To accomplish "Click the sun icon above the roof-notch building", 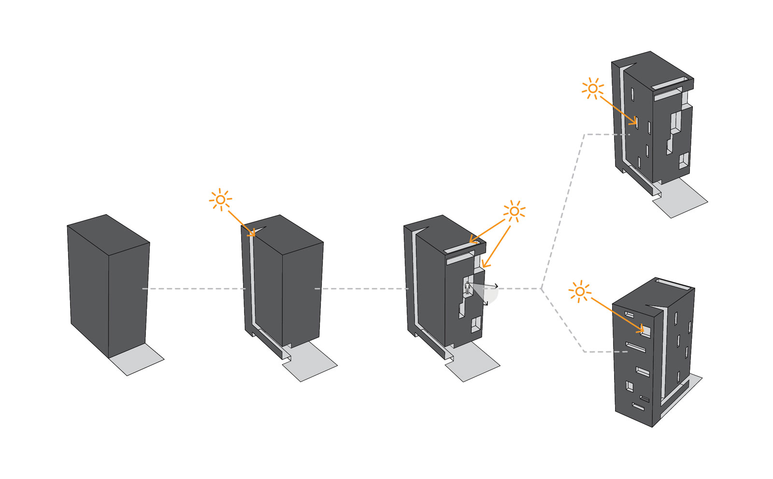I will tap(220, 199).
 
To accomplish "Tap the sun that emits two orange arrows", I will tap(514, 211).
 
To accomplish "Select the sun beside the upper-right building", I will tap(593, 88).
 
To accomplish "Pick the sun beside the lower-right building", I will tap(580, 292).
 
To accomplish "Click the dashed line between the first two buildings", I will tap(193, 289).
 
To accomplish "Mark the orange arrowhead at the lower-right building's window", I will tap(643, 330).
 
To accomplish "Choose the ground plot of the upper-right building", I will tap(681, 198).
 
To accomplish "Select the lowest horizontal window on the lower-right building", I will tap(638, 407).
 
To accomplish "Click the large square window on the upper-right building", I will tap(684, 161).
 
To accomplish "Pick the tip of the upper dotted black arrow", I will tap(497, 286).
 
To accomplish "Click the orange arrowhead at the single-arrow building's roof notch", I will tap(252, 233).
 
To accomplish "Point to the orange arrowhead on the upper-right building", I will tap(634, 122).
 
